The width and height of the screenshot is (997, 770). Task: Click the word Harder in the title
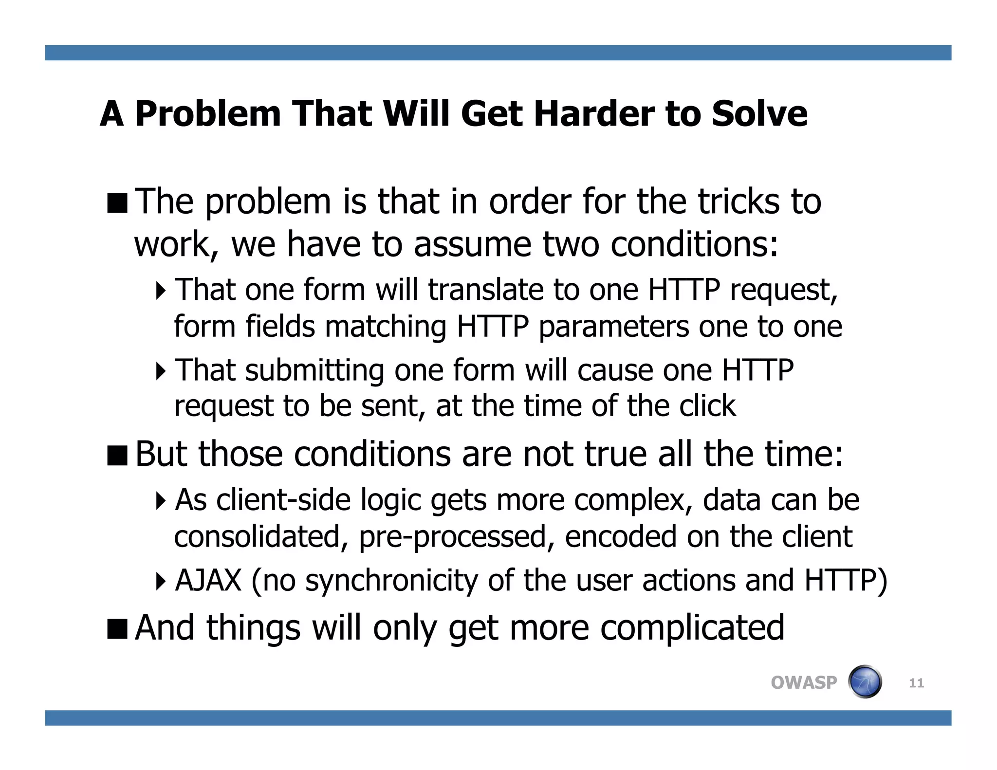(594, 114)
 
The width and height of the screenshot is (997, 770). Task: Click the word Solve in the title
(759, 114)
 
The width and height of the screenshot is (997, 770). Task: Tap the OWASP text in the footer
(804, 682)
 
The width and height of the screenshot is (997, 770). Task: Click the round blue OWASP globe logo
(865, 682)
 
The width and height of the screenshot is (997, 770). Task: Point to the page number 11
(916, 683)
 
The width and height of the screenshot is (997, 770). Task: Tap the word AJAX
(208, 580)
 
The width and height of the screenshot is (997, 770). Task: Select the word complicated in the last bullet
(692, 627)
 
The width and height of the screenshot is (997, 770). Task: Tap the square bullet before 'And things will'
(117, 628)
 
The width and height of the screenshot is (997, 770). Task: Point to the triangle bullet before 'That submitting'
(161, 371)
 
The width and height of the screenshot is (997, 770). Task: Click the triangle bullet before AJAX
(161, 581)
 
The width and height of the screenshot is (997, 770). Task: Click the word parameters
(613, 327)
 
